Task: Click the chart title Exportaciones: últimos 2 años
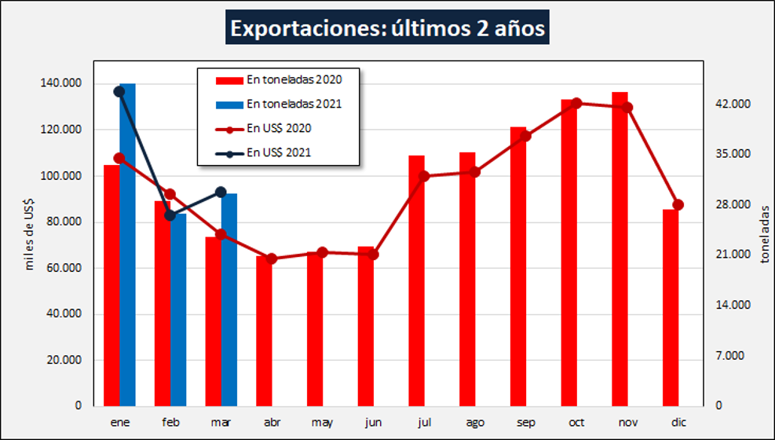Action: pyautogui.click(x=387, y=29)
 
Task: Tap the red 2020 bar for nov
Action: pyautogui.click(x=620, y=251)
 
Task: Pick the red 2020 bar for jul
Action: pyautogui.click(x=416, y=283)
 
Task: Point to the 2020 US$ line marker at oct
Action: pyautogui.click(x=577, y=103)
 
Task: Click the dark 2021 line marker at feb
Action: pyautogui.click(x=170, y=215)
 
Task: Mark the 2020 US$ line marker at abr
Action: pyautogui.click(x=271, y=258)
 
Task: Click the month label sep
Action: pyautogui.click(x=525, y=423)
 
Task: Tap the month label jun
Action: pyautogui.click(x=372, y=423)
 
